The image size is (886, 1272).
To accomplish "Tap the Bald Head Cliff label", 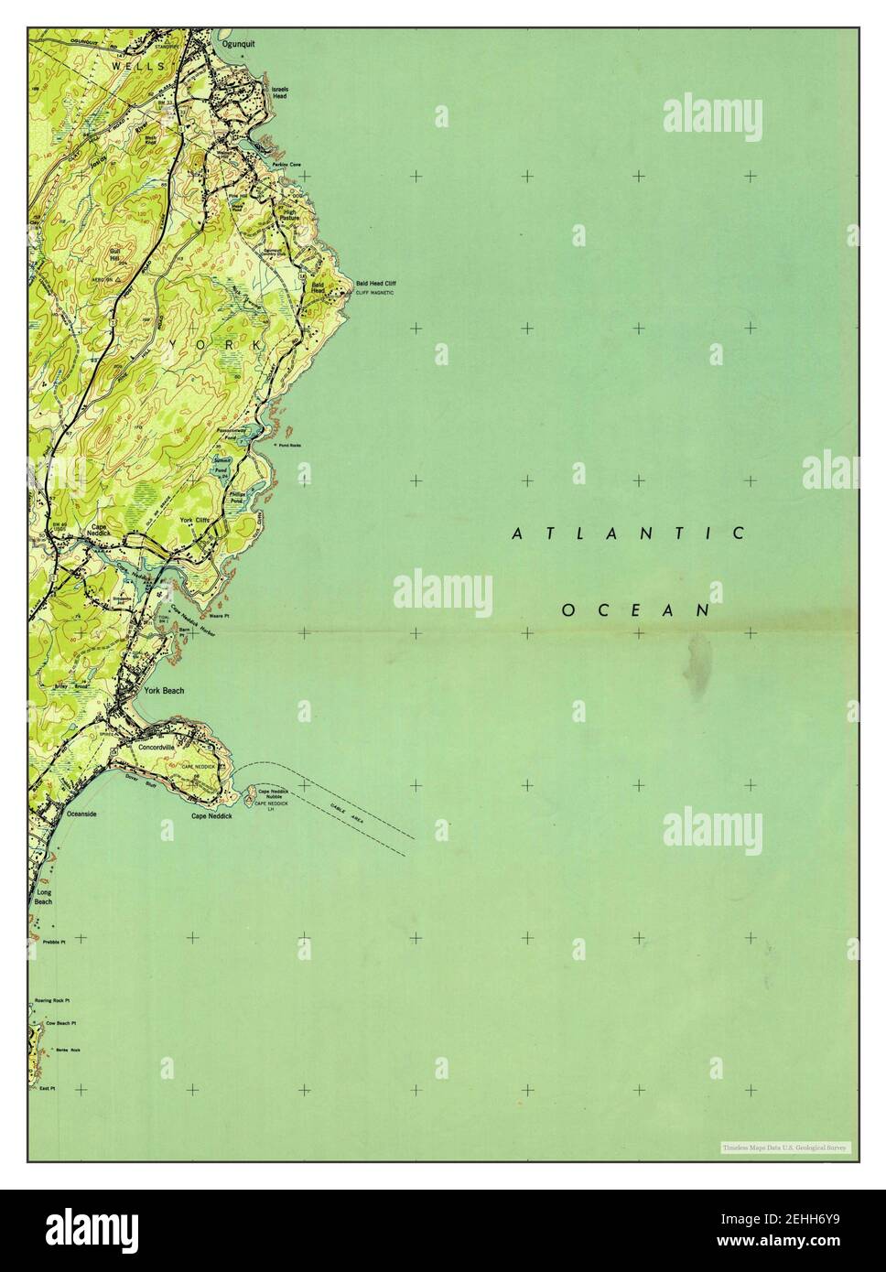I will tap(375, 285).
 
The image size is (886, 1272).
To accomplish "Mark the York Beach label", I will tap(164, 691).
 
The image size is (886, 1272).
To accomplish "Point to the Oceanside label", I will tap(79, 813).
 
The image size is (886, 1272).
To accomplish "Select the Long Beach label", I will tap(43, 896).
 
